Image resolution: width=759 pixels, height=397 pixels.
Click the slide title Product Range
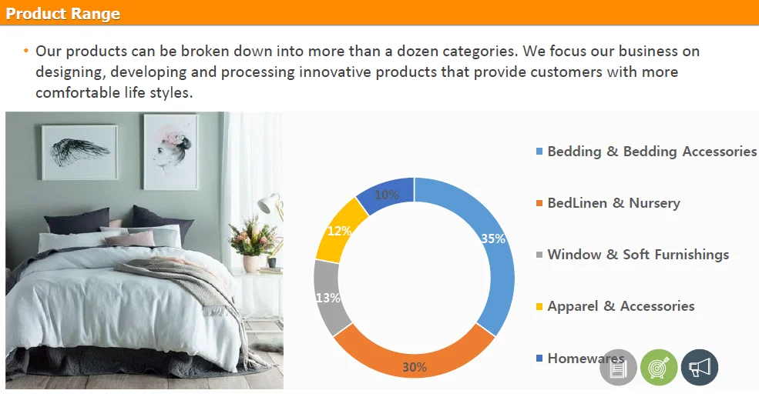coord(62,14)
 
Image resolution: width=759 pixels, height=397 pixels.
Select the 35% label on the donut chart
coord(492,239)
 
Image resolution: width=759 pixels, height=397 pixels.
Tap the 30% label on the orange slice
coord(415,367)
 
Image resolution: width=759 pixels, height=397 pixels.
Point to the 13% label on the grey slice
coord(328,298)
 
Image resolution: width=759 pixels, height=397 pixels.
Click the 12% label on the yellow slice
coord(339,231)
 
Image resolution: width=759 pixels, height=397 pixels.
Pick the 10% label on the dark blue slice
coord(387,195)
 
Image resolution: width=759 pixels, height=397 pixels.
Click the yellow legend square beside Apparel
coord(539,306)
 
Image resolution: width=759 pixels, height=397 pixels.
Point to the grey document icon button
coord(618,368)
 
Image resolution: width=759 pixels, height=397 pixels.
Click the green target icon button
coord(659,368)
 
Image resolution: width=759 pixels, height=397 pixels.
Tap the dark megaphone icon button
coord(700,368)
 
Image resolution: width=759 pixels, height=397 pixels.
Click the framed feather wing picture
coord(79,152)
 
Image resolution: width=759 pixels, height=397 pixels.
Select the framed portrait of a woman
coord(171,152)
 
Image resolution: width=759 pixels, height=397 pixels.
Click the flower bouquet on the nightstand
coord(252,237)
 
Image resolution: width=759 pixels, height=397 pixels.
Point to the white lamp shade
coord(265,203)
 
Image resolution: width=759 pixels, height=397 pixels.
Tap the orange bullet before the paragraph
coord(25,51)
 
